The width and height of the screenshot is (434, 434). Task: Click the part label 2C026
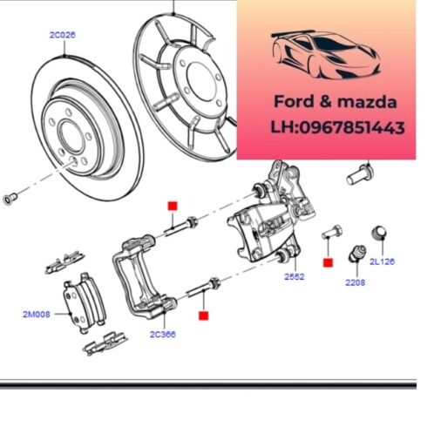pyautogui.click(x=63, y=36)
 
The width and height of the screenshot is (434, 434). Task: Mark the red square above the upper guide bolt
pyautogui.click(x=172, y=205)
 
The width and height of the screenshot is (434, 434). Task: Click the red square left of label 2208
pyautogui.click(x=328, y=261)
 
